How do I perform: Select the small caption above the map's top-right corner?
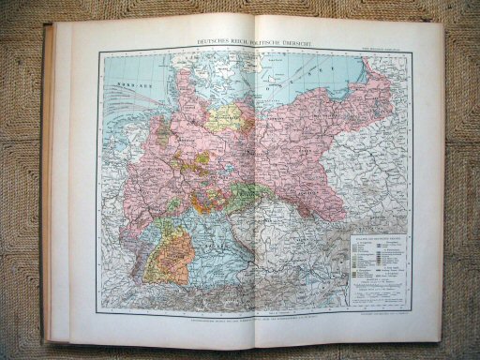coord(389,49)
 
